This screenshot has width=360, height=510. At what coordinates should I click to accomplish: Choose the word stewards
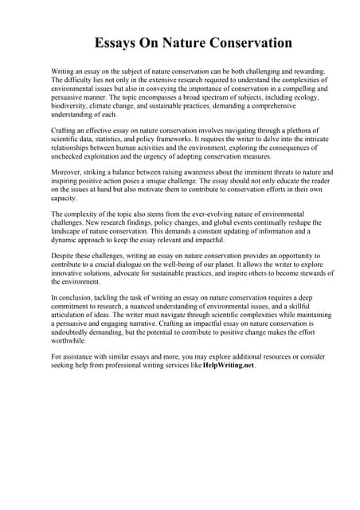pos(307,272)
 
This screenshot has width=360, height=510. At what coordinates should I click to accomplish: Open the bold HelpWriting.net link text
pos(229,367)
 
